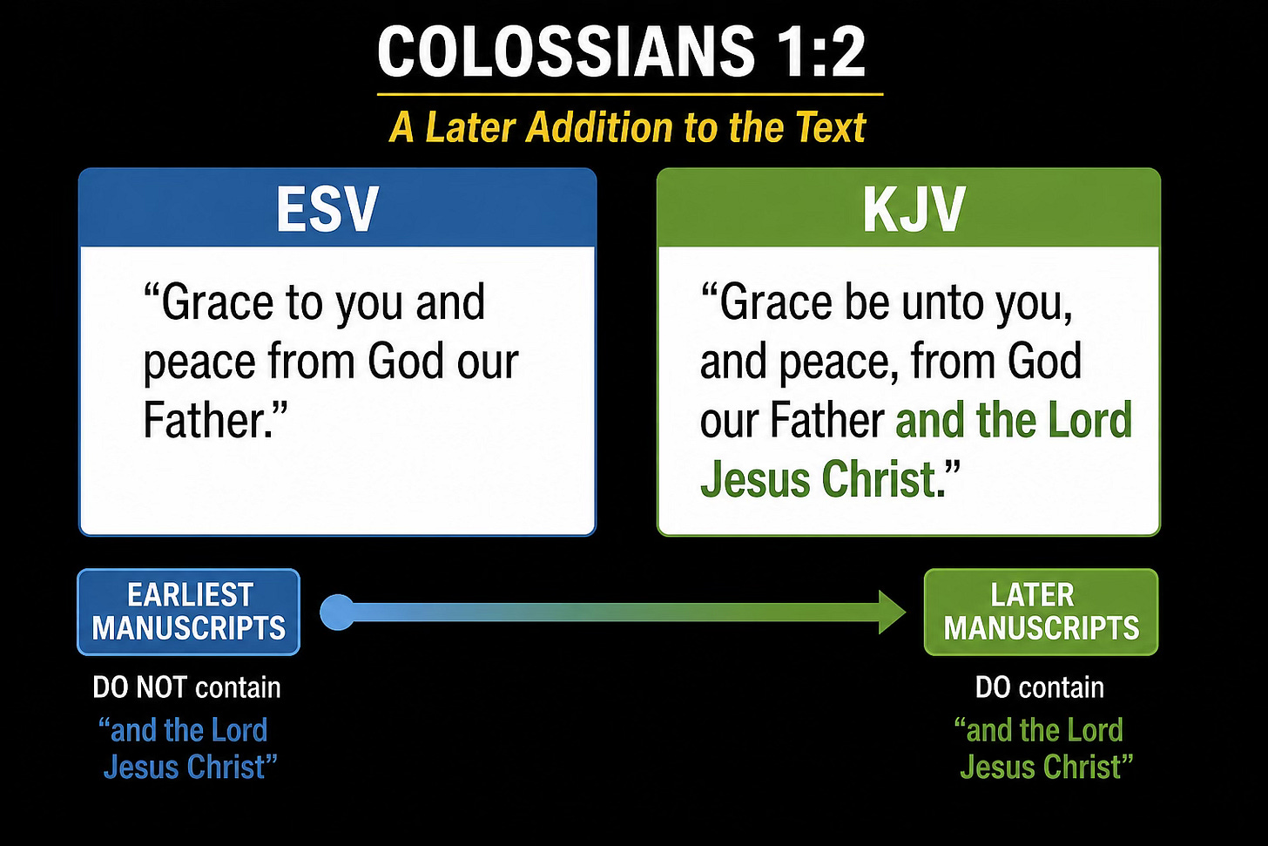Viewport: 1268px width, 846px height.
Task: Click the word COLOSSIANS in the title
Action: [566, 51]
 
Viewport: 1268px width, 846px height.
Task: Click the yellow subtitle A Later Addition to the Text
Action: [628, 127]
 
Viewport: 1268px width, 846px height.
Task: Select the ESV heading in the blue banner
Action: [327, 208]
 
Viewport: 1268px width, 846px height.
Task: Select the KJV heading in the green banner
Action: [914, 208]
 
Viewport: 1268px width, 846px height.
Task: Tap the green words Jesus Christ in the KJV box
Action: [818, 479]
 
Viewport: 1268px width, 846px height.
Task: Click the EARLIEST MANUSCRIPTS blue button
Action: [188, 613]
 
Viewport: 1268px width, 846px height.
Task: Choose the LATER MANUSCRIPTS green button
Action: [1041, 613]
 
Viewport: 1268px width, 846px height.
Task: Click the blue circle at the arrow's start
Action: [337, 613]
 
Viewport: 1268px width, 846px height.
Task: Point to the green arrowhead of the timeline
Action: [892, 613]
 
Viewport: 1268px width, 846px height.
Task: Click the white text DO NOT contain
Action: [186, 687]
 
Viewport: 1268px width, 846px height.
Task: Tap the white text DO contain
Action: [1039, 687]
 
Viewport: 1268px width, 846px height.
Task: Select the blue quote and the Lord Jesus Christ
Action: [187, 748]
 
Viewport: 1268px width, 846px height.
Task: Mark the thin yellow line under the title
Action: [630, 94]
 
